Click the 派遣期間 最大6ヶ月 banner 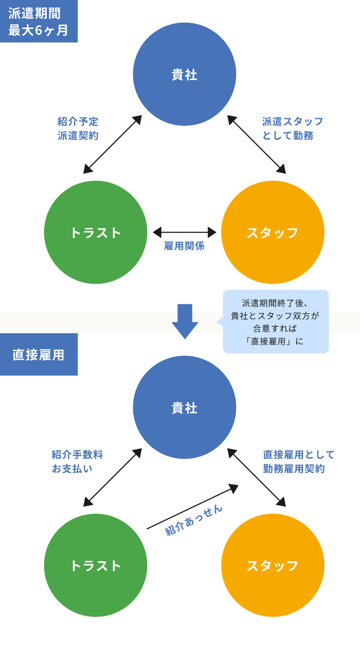tap(38, 21)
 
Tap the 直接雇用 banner tap(38, 355)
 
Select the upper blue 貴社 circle tap(184, 75)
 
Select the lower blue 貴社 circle tap(184, 407)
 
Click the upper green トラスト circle tap(96, 232)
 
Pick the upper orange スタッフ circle tap(272, 232)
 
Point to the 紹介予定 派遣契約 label tap(78, 128)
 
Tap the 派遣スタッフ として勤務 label tap(292, 128)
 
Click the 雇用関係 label tap(184, 247)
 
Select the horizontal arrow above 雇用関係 tap(184, 232)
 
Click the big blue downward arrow tap(185, 321)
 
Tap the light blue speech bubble tap(276, 321)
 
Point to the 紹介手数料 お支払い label tap(77, 461)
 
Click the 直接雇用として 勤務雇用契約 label tap(299, 461)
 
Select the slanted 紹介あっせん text tap(194, 520)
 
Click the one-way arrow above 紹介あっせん tap(192, 507)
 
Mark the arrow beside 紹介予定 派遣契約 tap(112, 144)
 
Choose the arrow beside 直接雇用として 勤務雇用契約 tap(256, 477)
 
